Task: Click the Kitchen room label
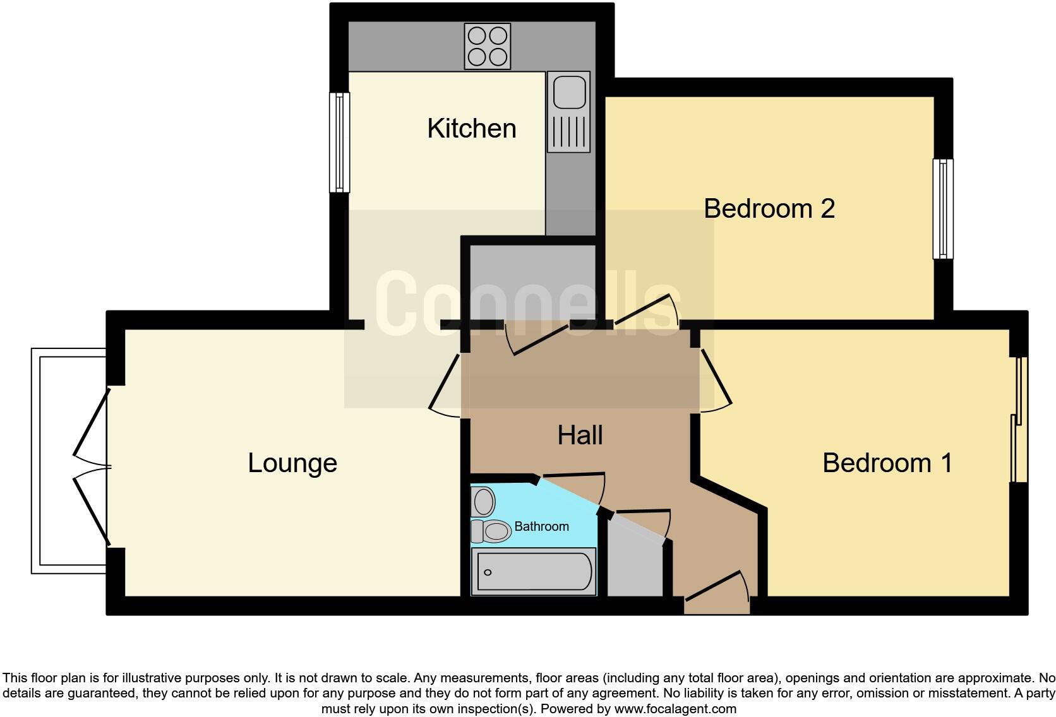pyautogui.click(x=472, y=128)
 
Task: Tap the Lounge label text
pyautogui.click(x=292, y=463)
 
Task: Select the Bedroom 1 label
pyautogui.click(x=887, y=463)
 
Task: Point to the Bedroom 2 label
pyautogui.click(x=769, y=208)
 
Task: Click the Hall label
pyautogui.click(x=580, y=435)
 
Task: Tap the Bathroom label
pyautogui.click(x=541, y=526)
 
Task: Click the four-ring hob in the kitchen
pyautogui.click(x=487, y=46)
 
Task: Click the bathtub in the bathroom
pyautogui.click(x=534, y=572)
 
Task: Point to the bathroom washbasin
pyautogui.click(x=484, y=502)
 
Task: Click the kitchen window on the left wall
pyautogui.click(x=340, y=143)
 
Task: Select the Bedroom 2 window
pyautogui.click(x=943, y=209)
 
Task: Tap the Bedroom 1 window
pyautogui.click(x=1019, y=420)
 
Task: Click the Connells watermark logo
pyautogui.click(x=527, y=303)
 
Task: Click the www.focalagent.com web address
pyautogui.click(x=675, y=709)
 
